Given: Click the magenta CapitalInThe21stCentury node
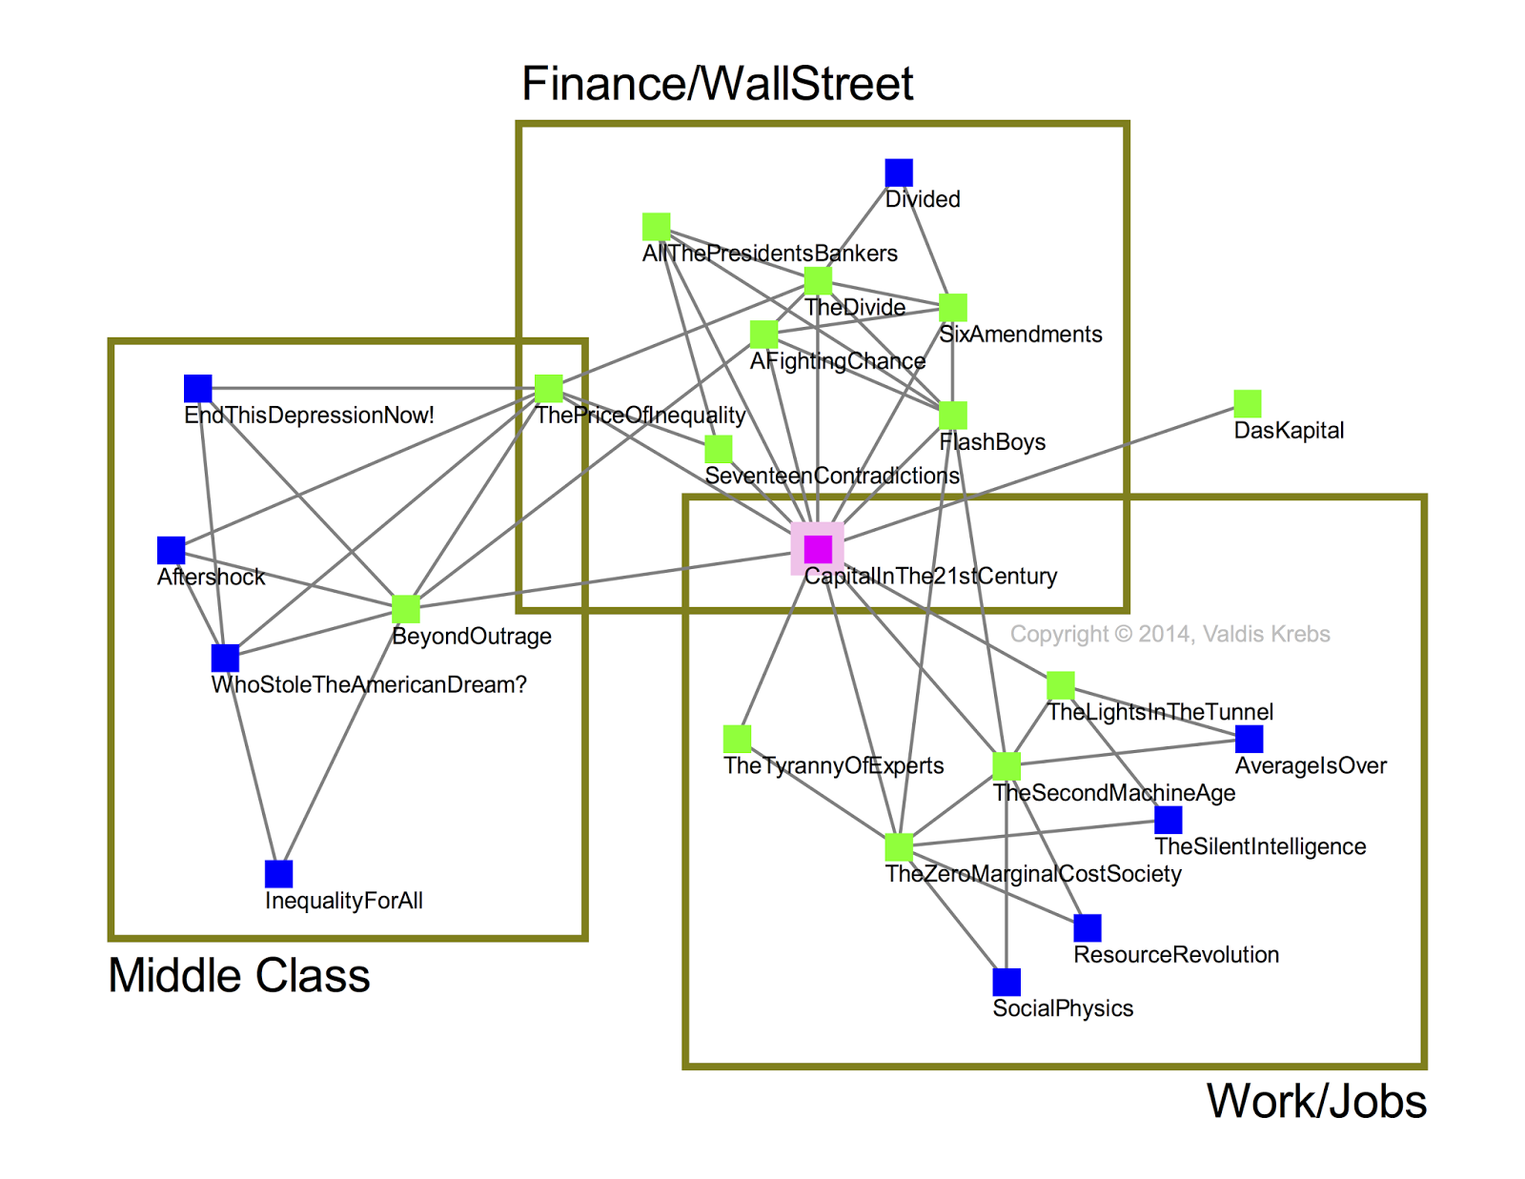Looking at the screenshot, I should click(x=818, y=549).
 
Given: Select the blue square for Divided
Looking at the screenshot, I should click(x=899, y=173).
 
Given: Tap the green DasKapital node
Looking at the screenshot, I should click(x=1248, y=403).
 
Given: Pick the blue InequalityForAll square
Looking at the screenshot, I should click(x=278, y=874).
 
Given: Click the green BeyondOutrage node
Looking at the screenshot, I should click(x=406, y=609).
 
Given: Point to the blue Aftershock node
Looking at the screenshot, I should click(x=172, y=550).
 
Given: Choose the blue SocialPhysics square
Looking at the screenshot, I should click(x=1006, y=982).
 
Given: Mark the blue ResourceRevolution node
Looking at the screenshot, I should click(x=1088, y=927).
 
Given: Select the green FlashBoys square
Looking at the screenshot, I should click(x=953, y=416).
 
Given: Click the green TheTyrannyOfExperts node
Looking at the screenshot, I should click(x=737, y=739).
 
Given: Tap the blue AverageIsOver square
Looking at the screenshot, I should click(x=1249, y=739).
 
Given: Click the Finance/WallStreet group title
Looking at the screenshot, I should click(x=717, y=83).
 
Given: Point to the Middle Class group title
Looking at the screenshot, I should click(x=238, y=975).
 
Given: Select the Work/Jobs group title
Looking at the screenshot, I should click(x=1316, y=1101).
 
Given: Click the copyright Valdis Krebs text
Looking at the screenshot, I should click(x=1169, y=634).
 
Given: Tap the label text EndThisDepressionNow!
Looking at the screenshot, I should click(x=309, y=416).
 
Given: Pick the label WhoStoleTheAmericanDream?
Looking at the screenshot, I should click(x=369, y=685).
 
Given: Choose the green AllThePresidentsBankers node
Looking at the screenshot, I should click(x=656, y=227).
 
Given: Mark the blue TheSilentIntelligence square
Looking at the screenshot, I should click(x=1169, y=820).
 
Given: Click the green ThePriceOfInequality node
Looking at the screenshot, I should click(x=549, y=389).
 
